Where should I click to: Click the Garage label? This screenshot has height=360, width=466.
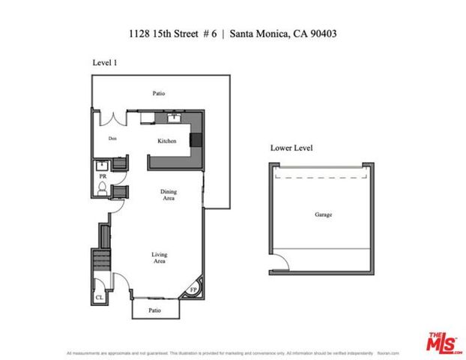click(324, 214)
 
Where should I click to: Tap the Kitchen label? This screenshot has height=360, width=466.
click(166, 141)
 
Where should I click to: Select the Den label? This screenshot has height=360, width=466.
click(112, 138)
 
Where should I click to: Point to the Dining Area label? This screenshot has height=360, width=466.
click(169, 195)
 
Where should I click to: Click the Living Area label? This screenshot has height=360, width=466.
click(159, 259)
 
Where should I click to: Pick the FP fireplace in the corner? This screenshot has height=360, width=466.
click(193, 289)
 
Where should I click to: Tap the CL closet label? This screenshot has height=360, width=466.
click(99, 298)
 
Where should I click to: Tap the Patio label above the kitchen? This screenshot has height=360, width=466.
click(158, 94)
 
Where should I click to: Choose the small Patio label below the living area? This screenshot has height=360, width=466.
click(154, 310)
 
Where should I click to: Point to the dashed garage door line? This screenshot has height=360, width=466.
click(323, 178)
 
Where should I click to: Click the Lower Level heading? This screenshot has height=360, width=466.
click(291, 148)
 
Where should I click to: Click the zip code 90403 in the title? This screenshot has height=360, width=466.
click(329, 34)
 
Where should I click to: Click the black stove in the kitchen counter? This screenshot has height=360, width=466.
click(196, 139)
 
